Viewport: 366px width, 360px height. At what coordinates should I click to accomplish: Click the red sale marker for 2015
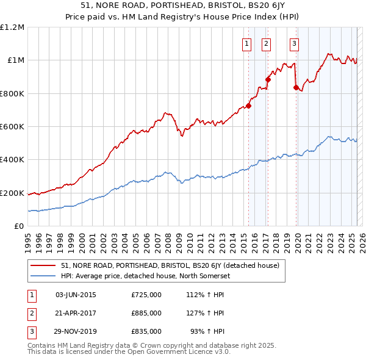pos(248,106)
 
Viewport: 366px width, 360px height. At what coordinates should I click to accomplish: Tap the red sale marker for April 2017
pos(268,79)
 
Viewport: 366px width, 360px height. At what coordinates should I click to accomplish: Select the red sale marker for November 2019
pos(296,87)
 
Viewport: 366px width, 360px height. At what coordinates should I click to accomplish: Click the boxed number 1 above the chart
pos(246,43)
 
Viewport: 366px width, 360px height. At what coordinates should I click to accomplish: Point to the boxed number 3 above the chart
pos(294,43)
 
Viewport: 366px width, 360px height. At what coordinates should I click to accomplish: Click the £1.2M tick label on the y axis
pos(12,27)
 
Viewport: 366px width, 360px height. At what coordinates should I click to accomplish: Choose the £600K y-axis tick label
pos(12,127)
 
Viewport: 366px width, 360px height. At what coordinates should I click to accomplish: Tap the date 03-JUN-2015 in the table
pos(76,295)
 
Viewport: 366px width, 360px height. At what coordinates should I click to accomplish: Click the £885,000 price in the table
pos(146,313)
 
